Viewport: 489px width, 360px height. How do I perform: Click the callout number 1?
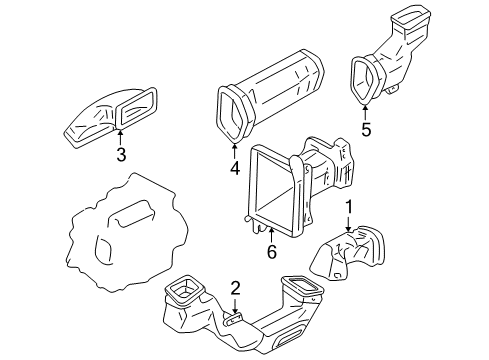(348, 207)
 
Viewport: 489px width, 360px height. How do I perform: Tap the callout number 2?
(235, 288)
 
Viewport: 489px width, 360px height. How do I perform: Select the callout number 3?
(121, 155)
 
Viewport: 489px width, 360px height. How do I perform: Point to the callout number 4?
(235, 168)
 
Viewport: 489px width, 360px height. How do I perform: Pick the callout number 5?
(366, 130)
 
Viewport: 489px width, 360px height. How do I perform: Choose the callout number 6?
(272, 252)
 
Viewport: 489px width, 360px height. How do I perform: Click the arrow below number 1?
(348, 224)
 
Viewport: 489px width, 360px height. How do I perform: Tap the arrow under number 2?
(235, 307)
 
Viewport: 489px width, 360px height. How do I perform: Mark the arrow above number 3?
(120, 137)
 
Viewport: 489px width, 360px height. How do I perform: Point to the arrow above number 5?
(366, 113)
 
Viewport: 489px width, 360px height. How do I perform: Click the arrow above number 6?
(271, 235)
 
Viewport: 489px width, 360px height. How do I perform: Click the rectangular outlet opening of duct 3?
(136, 107)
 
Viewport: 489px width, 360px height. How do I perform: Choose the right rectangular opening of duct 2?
(302, 285)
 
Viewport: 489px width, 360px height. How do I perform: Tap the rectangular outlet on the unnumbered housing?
(133, 214)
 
